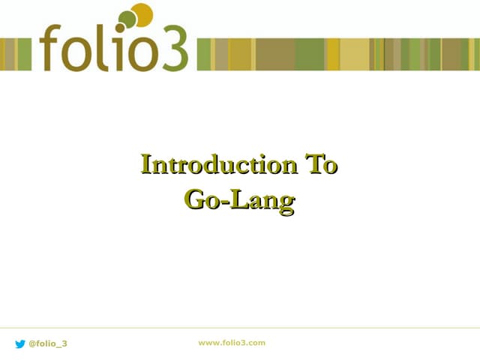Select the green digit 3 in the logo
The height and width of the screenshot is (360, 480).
[x=171, y=49]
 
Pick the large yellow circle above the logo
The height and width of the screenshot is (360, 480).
[x=142, y=13]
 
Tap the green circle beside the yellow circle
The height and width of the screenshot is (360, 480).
[x=127, y=19]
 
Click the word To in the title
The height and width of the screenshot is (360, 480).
[x=319, y=164]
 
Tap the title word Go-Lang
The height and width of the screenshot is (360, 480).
[x=239, y=199]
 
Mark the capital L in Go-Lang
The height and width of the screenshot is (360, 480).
[x=235, y=199]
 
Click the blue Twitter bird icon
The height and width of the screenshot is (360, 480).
[x=20, y=343]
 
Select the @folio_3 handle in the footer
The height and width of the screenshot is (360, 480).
[x=48, y=343]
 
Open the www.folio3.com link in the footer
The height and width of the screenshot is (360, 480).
[x=232, y=343]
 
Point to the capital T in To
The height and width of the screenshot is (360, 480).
[x=310, y=164]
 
